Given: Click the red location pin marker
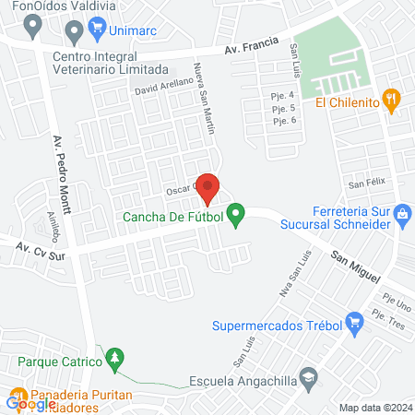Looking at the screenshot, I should [x=207, y=187].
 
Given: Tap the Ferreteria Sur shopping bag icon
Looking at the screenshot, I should [x=402, y=214].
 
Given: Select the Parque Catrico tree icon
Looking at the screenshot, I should [x=114, y=358].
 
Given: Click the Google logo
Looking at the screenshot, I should [x=30, y=402].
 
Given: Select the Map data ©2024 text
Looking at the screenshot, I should [x=373, y=408].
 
